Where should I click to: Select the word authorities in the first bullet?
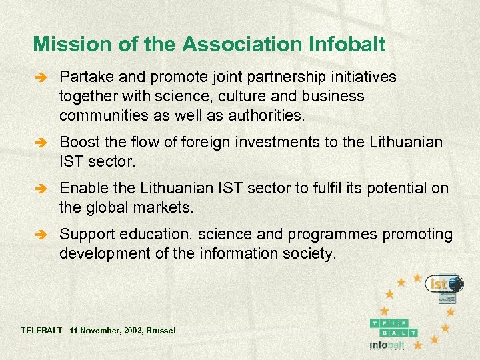pos(265,115)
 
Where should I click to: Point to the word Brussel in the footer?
pos(161,330)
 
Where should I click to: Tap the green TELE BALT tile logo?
pos(394,327)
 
